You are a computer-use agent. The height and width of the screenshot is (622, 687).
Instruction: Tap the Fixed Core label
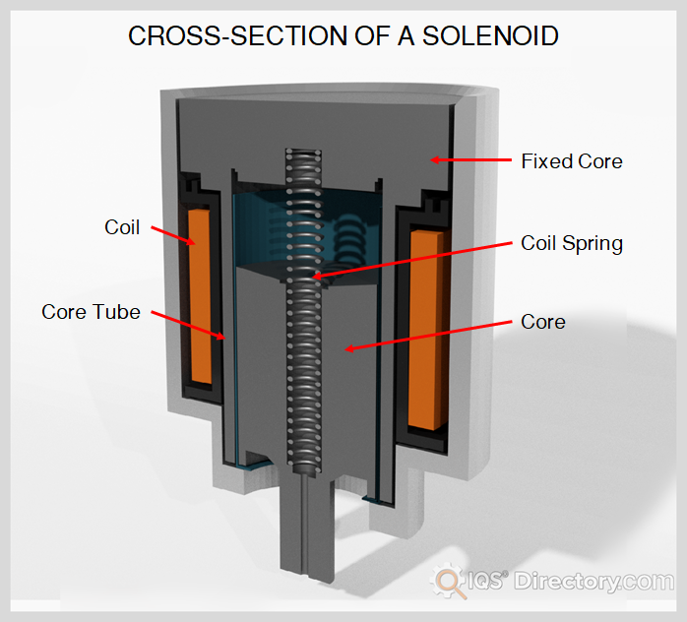click(571, 160)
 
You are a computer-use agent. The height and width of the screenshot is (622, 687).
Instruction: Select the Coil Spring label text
click(571, 243)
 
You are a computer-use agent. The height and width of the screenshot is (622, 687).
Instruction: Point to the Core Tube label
click(91, 312)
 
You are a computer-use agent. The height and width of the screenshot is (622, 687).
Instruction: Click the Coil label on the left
click(122, 227)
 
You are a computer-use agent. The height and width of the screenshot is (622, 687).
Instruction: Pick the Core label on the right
click(542, 322)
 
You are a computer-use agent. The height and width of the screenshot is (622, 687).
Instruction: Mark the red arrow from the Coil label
click(176, 237)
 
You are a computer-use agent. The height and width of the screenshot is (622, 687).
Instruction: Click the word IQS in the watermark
click(485, 582)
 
